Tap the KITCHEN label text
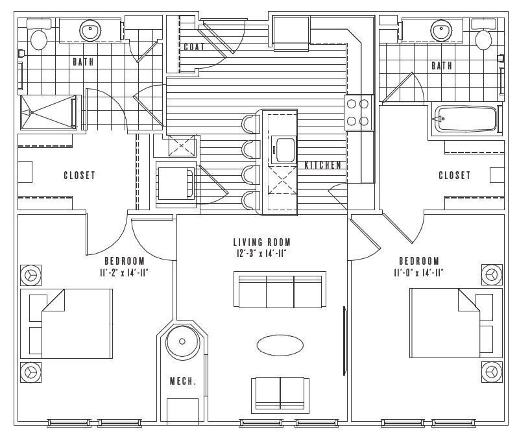pyautogui.click(x=322, y=165)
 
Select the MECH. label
pyautogui.click(x=182, y=381)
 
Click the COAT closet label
pyautogui.click(x=194, y=47)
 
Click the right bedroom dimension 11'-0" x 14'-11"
pyautogui.click(x=418, y=272)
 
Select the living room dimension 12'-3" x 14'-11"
pyautogui.click(x=262, y=253)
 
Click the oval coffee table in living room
pyautogui.click(x=280, y=345)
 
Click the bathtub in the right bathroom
pyautogui.click(x=466, y=119)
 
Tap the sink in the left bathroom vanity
pyautogui.click(x=90, y=30)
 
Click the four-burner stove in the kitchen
pyautogui.click(x=358, y=111)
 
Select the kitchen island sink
pyautogui.click(x=283, y=150)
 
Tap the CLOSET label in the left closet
pyautogui.click(x=79, y=176)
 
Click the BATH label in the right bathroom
pyautogui.click(x=442, y=66)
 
